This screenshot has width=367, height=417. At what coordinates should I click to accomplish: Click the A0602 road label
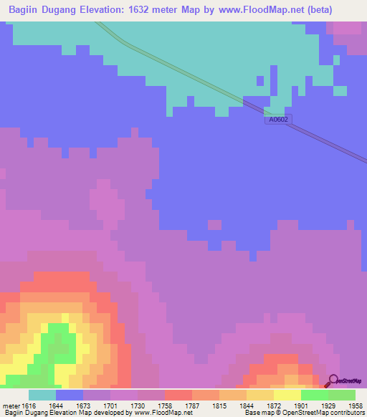[277, 119]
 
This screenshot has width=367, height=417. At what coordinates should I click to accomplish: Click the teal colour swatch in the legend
[42, 395]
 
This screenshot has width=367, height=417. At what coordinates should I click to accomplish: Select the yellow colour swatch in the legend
[287, 395]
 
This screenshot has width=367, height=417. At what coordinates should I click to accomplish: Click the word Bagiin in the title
[27, 10]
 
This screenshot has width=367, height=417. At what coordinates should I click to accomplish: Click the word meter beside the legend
[11, 406]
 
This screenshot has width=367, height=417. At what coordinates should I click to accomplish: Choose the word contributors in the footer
[345, 413]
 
